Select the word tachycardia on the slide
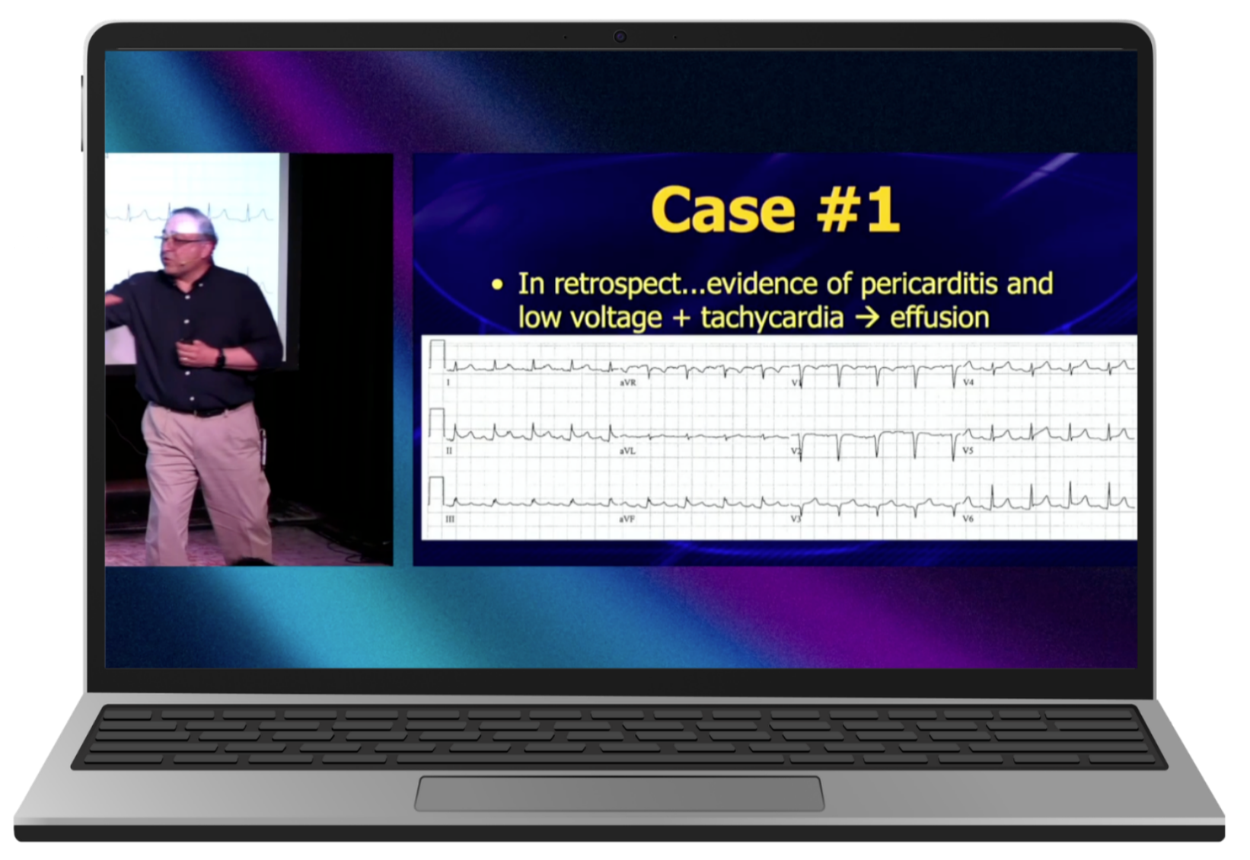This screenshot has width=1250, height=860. click(x=772, y=318)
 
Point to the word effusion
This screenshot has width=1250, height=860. click(x=939, y=317)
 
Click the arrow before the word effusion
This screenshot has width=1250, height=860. click(x=867, y=318)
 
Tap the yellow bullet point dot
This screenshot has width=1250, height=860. click(x=496, y=286)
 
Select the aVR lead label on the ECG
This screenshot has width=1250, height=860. click(x=628, y=382)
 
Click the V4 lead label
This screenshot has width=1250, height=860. click(x=968, y=382)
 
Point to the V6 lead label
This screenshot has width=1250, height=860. click(x=968, y=519)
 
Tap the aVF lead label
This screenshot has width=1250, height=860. click(x=627, y=519)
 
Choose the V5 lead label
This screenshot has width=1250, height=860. click(x=968, y=451)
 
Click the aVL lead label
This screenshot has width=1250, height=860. click(x=628, y=451)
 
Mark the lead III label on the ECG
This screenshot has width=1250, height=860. click(x=450, y=519)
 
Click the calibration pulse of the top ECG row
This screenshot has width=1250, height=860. click(x=438, y=354)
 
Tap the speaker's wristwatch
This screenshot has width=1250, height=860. click(x=221, y=358)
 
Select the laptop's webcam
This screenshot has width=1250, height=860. click(x=620, y=37)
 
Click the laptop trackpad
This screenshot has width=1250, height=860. click(x=619, y=793)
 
